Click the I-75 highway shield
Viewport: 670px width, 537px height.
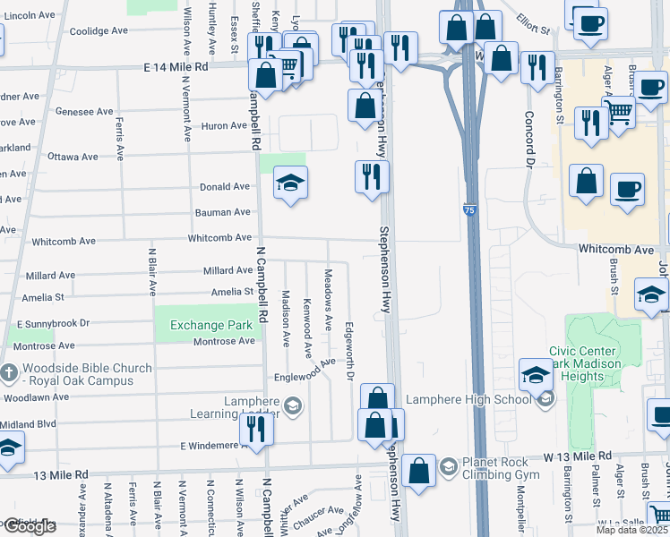470,209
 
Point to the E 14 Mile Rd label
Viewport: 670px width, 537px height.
176,67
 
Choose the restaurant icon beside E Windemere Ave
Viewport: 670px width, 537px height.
258,429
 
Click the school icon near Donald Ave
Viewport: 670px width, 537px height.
290,183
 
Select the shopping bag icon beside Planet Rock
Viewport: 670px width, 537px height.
418,469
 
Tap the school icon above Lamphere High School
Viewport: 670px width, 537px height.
536,374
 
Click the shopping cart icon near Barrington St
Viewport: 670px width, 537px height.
619,112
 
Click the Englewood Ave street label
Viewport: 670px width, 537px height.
305,370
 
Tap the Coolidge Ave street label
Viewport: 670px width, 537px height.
99,30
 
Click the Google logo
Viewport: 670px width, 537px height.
29,527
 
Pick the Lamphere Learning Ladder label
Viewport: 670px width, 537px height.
236,407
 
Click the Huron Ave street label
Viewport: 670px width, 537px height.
224,125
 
